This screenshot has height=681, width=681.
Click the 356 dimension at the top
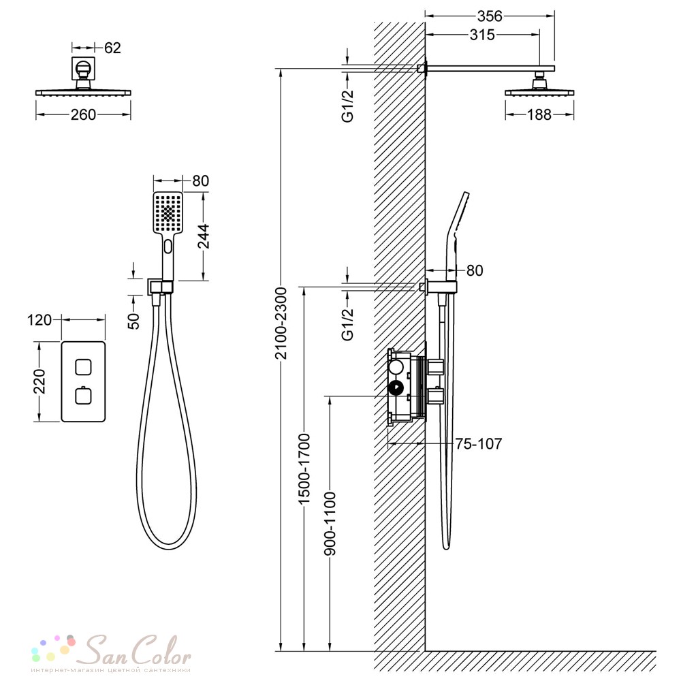[490, 16]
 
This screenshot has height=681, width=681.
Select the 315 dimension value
[482, 35]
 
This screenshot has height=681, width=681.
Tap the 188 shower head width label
[539, 114]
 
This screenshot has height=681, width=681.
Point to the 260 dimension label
[83, 114]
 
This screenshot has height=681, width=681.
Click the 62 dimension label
[112, 48]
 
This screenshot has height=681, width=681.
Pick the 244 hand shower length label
[204, 236]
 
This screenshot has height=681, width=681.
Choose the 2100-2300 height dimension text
[281, 323]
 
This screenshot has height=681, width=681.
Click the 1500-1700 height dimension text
[304, 469]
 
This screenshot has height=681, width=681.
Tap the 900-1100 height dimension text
[330, 524]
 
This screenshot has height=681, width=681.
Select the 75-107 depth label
[479, 444]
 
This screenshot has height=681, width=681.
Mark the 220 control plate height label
[39, 381]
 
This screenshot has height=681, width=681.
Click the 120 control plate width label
[39, 320]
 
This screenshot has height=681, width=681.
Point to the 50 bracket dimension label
[133, 321]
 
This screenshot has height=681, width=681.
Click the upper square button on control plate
[83, 367]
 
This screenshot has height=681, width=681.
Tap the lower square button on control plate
[83, 396]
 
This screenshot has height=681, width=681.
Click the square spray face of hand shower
[168, 212]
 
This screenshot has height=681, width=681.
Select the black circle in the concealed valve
[396, 387]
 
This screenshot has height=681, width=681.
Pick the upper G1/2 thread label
[348, 106]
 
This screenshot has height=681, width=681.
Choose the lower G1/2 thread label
[348, 324]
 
